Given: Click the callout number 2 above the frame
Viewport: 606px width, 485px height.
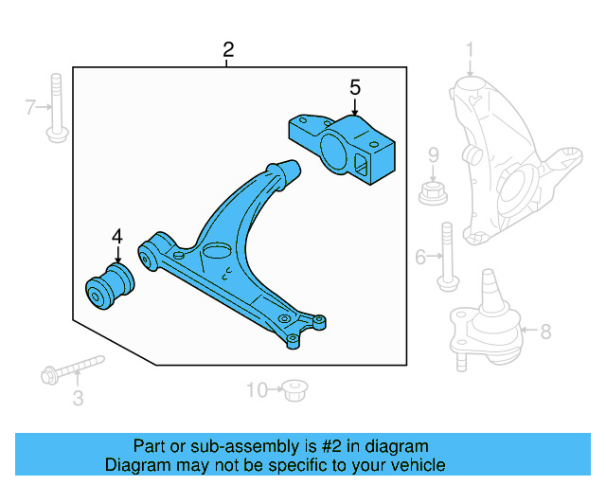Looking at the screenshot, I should click(227, 49).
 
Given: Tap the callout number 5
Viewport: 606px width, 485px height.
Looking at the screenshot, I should click(355, 88).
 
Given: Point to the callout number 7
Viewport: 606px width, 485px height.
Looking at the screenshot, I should click(30, 109).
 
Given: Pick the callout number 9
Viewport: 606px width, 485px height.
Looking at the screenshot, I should click(434, 154).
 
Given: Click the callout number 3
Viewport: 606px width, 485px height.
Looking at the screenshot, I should click(79, 399).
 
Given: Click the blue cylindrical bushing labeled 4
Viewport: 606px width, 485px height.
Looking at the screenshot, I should click(110, 286).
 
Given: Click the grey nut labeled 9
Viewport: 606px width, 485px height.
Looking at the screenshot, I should click(433, 194).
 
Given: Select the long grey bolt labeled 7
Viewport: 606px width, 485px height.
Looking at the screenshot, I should click(57, 106).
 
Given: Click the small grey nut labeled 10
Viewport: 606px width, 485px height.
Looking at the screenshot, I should click(296, 387).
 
